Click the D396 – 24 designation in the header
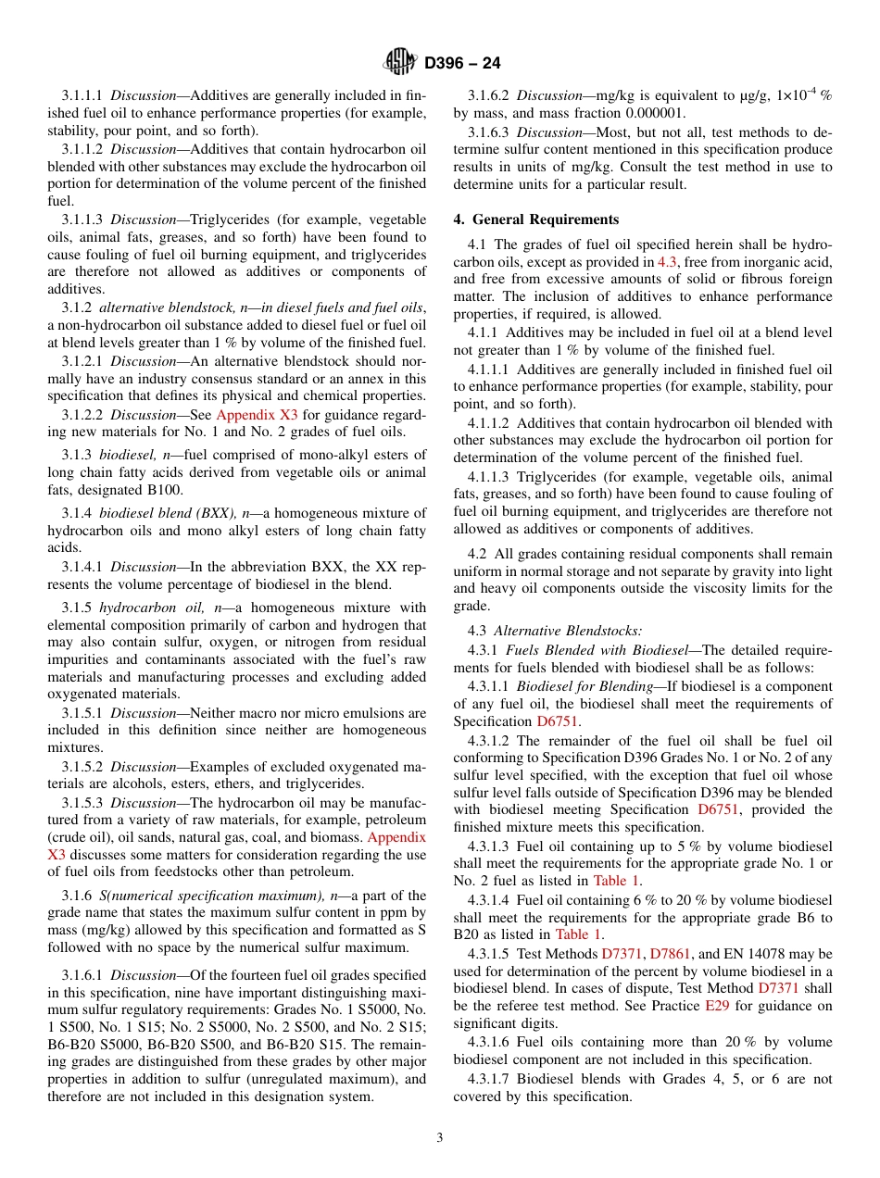tap(462, 63)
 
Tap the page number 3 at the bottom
tap(440, 1138)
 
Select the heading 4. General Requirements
tap(536, 219)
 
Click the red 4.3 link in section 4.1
tap(667, 263)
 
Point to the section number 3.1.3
tap(78, 455)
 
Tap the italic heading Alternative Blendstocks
tap(568, 631)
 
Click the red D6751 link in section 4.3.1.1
tap(559, 721)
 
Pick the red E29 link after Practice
tap(717, 1006)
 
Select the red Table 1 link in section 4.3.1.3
tap(616, 881)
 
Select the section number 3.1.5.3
tap(83, 803)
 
